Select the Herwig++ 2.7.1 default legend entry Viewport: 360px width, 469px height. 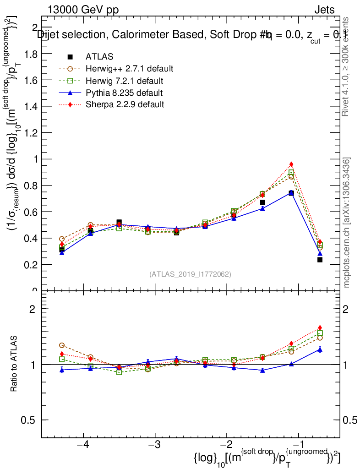click(129, 69)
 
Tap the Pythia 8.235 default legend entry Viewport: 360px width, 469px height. click(124, 93)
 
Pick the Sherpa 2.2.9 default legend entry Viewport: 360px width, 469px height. click(125, 104)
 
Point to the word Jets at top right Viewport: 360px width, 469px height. click(324, 10)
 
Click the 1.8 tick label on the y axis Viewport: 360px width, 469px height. click(31, 54)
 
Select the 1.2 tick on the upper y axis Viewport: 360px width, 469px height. click(31, 133)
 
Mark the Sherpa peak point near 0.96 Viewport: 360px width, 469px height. click(291, 164)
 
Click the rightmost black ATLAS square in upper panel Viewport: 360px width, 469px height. click(320, 260)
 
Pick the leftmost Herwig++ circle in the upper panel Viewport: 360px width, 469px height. click(62, 239)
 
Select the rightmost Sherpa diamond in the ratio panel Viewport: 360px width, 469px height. click(320, 327)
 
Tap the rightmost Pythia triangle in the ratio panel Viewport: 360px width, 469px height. click(320, 349)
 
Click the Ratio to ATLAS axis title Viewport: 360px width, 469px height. click(14, 365)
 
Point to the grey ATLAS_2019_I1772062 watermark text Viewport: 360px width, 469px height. click(190, 274)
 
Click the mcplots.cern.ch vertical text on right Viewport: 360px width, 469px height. click(347, 223)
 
